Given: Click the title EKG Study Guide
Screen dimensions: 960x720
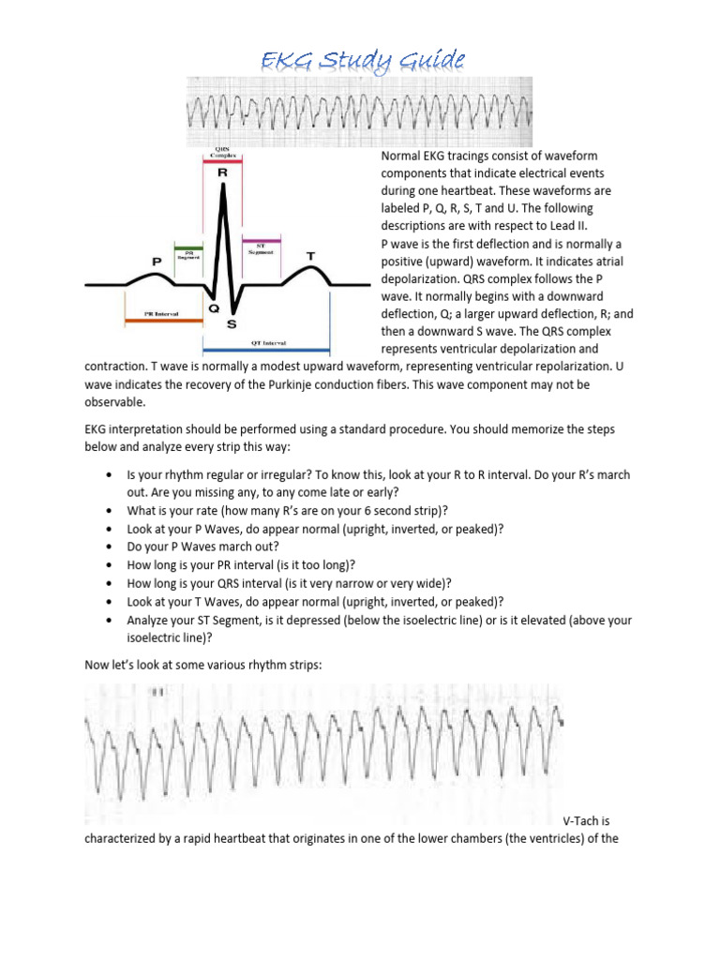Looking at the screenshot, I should click(x=362, y=61).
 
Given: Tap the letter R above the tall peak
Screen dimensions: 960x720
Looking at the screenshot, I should click(x=222, y=172).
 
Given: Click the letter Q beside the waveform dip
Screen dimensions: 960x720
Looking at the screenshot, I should click(x=215, y=307).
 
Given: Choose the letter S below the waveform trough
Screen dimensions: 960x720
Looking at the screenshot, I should click(x=232, y=323).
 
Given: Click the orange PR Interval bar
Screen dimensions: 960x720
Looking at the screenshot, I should click(x=163, y=320).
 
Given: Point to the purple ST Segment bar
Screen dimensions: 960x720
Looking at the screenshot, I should click(x=262, y=241).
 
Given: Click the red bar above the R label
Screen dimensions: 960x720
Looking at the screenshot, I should click(x=223, y=161).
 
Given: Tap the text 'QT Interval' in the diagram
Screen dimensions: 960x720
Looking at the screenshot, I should click(x=271, y=343).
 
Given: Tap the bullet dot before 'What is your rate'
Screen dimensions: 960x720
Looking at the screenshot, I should click(x=112, y=511).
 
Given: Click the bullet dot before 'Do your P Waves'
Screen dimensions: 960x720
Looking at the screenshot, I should click(x=112, y=547).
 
